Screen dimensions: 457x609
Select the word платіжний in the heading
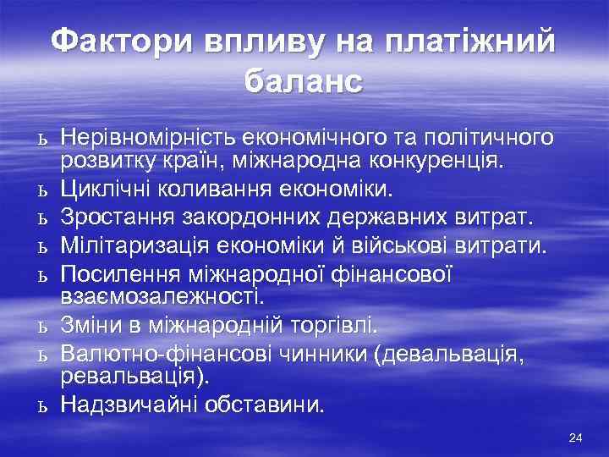tap(470, 41)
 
